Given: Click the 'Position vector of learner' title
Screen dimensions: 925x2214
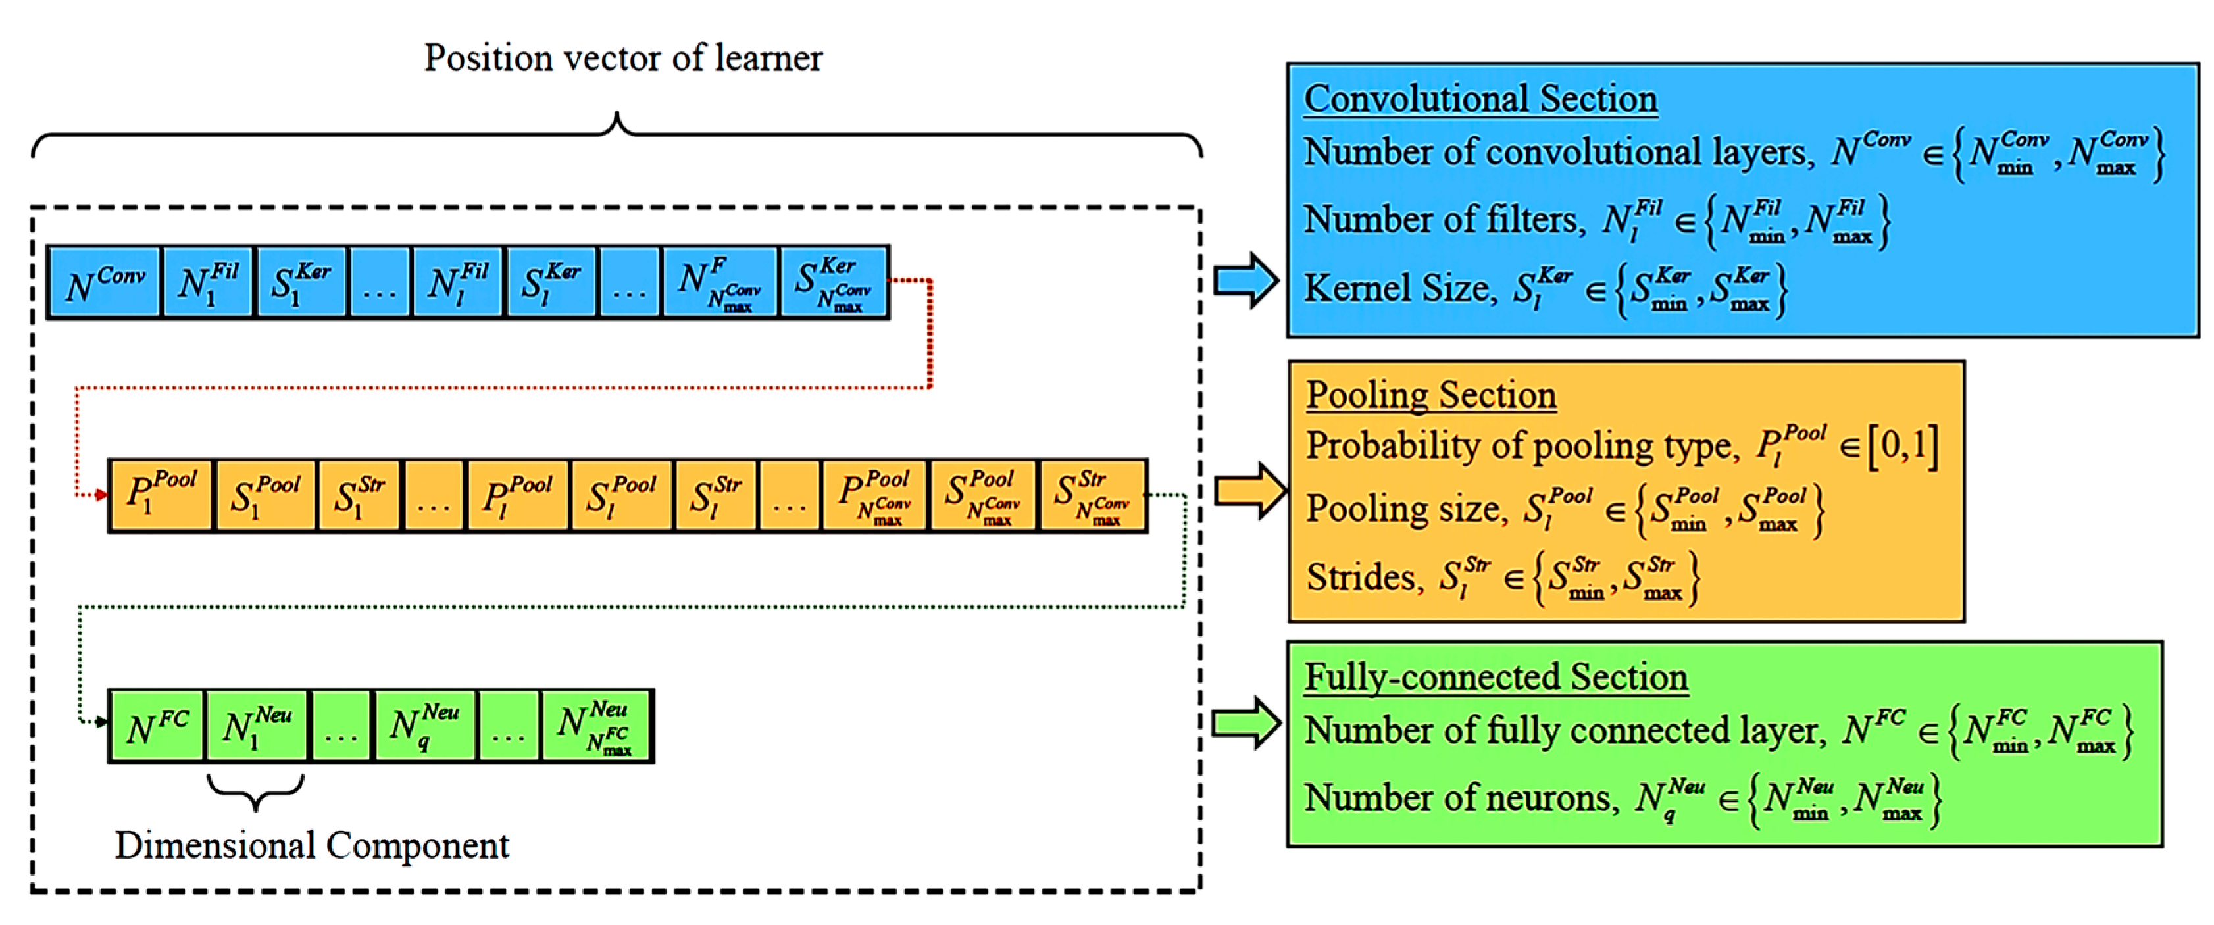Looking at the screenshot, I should [x=622, y=59].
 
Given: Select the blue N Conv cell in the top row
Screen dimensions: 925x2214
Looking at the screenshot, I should [x=104, y=283].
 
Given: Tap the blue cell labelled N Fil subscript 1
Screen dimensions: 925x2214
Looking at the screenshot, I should [x=207, y=283].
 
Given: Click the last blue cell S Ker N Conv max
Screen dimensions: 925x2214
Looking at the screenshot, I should [x=834, y=283].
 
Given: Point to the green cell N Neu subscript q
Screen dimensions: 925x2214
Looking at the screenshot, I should [x=424, y=726].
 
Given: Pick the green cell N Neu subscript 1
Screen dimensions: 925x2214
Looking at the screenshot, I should [x=256, y=726].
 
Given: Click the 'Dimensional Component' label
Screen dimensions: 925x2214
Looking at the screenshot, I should [x=312, y=845].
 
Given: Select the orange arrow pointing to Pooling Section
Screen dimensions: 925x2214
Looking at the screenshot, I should [x=1248, y=491].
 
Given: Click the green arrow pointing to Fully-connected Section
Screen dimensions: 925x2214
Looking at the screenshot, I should [x=1245, y=723].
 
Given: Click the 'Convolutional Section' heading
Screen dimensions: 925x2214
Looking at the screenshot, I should [x=1480, y=98].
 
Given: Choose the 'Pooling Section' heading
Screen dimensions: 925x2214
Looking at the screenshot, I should [x=1431, y=395].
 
